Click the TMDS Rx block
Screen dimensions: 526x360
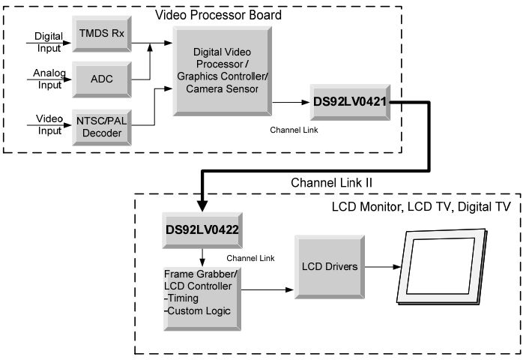pyautogui.click(x=102, y=34)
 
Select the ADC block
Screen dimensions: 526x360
pyautogui.click(x=102, y=79)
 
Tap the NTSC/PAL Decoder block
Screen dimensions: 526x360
pyautogui.click(x=102, y=127)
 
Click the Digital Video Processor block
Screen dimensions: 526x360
pyautogui.click(x=222, y=71)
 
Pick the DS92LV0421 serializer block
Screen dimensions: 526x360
pyautogui.click(x=350, y=103)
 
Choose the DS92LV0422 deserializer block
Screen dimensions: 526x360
pyautogui.click(x=202, y=230)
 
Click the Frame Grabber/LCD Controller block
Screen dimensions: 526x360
pyautogui.click(x=202, y=299)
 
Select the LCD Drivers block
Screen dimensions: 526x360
pyautogui.click(x=330, y=267)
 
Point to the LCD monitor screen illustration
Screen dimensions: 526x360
pyautogui.click(x=442, y=267)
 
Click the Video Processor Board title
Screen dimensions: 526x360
pyautogui.click(x=218, y=15)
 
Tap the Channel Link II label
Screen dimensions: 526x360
pyautogui.click(x=331, y=183)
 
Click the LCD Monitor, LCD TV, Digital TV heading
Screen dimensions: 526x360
pyautogui.click(x=421, y=207)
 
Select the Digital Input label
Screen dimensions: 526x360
pyautogui.click(x=49, y=42)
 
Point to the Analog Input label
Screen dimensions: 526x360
pyautogui.click(x=49, y=79)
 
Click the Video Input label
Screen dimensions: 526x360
pyautogui.click(x=49, y=124)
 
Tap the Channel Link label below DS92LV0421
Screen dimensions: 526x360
pyautogui.click(x=294, y=130)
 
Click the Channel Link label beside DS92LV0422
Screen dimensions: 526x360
pyautogui.click(x=250, y=258)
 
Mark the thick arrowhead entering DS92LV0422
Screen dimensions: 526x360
pyautogui.click(x=202, y=205)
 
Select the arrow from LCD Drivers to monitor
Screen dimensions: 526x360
pyautogui.click(x=383, y=267)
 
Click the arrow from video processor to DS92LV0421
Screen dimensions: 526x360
pyautogui.click(x=291, y=103)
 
